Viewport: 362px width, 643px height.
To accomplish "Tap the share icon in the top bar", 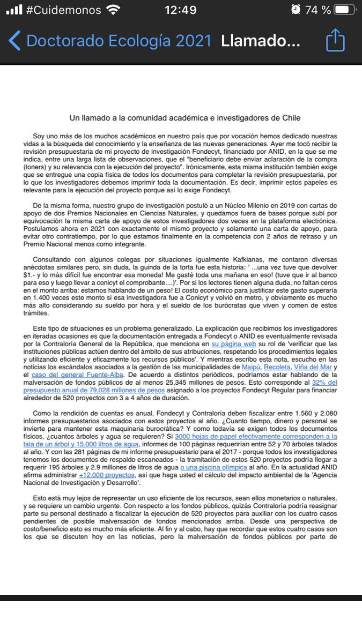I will coord(335,40).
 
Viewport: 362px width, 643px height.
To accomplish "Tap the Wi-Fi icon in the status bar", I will coord(113,10).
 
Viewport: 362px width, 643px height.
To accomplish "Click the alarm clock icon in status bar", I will coord(295,10).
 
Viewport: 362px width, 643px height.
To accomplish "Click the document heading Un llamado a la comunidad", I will coord(185,117).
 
